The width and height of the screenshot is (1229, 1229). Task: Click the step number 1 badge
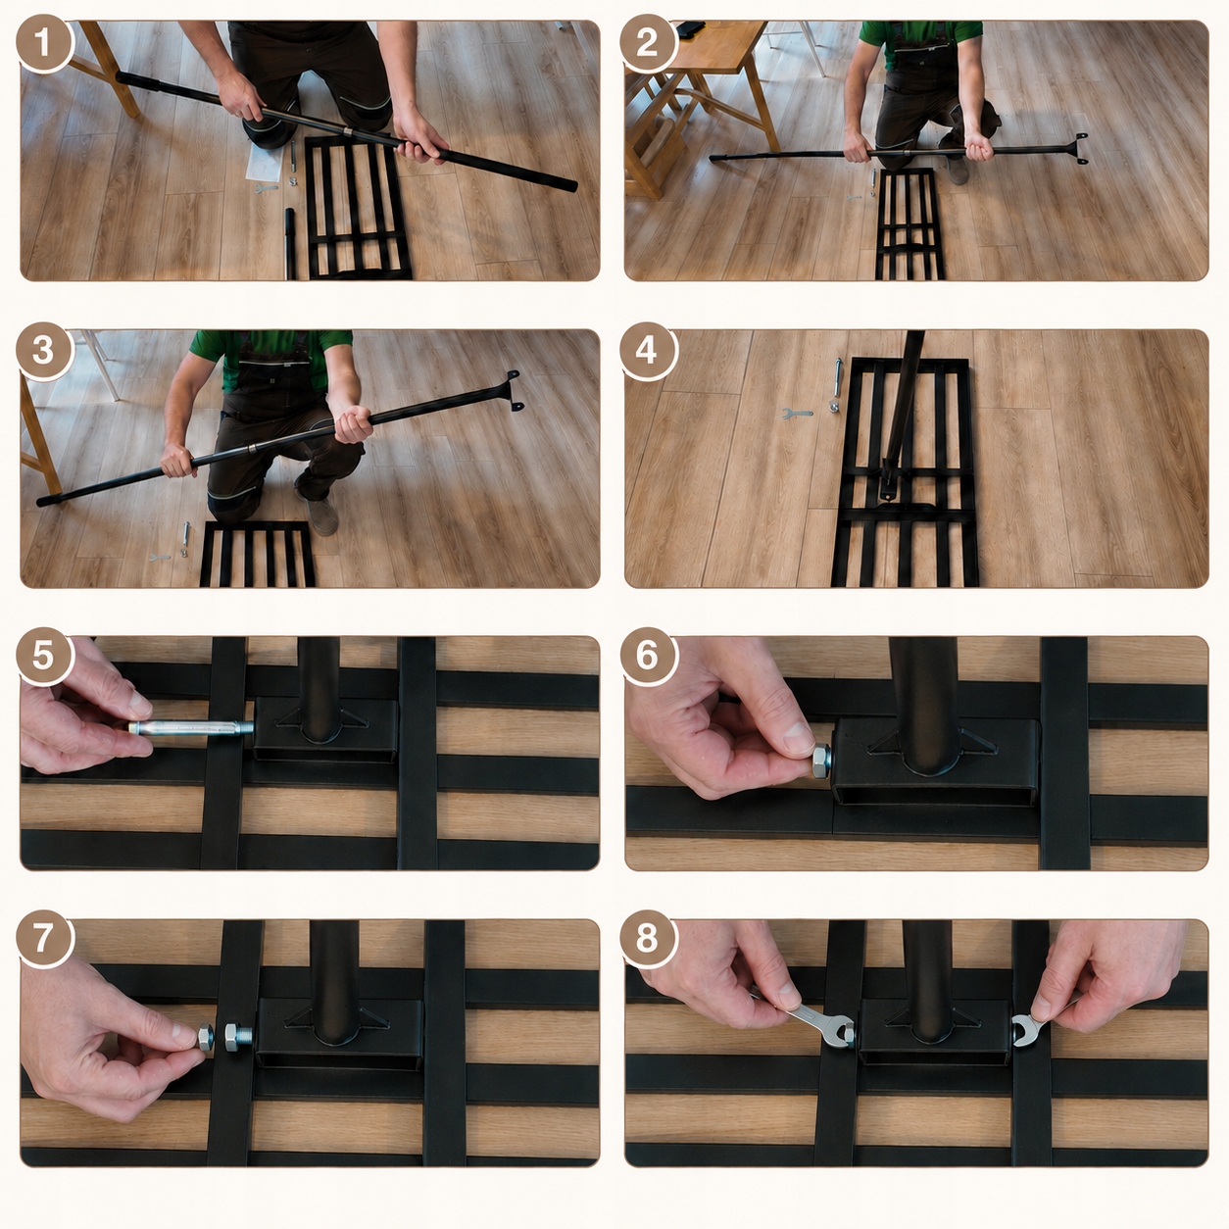click(x=43, y=43)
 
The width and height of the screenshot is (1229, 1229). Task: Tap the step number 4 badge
click(x=647, y=352)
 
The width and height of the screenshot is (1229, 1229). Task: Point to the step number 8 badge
click(x=647, y=940)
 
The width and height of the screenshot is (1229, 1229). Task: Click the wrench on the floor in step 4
click(x=797, y=414)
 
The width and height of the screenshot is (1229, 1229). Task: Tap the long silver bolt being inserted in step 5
click(x=191, y=728)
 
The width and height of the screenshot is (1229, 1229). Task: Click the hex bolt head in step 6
click(x=821, y=761)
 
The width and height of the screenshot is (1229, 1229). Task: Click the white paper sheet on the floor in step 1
click(x=265, y=164)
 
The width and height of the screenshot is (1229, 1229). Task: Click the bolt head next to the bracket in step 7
click(x=237, y=1038)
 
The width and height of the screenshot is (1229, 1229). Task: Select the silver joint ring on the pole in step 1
click(x=347, y=130)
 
